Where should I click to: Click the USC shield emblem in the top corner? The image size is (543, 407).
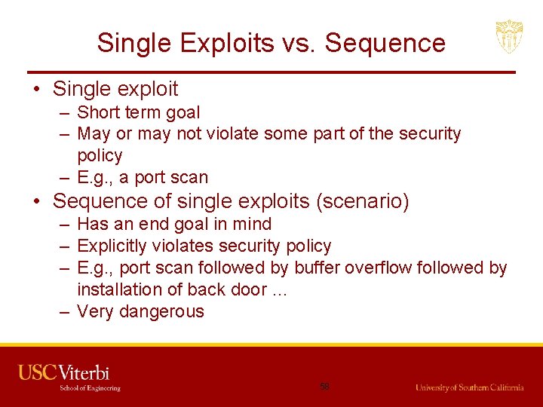(509, 36)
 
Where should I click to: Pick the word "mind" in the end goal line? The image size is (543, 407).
(253, 224)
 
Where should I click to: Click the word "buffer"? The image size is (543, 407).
(319, 268)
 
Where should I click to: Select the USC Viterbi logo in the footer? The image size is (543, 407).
(64, 372)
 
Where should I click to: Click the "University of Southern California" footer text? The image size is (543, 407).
(469, 387)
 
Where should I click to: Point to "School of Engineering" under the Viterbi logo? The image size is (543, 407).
(90, 388)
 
